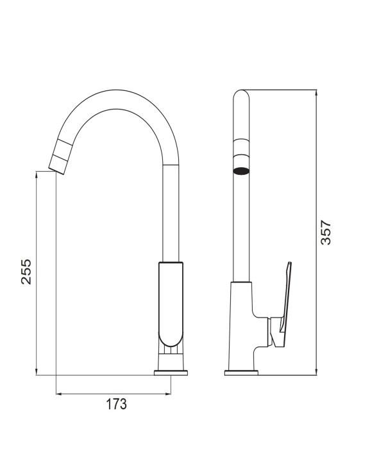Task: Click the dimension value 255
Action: coord(26,272)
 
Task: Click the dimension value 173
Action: coord(117,404)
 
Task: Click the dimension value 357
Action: coord(326,232)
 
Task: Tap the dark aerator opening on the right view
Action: coord(241,171)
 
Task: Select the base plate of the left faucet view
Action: coord(171,373)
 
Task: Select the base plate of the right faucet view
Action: coord(241,373)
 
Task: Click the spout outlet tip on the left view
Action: coord(56,171)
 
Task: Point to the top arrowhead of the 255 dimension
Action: coord(37,174)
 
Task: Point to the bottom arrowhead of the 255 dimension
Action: coord(37,372)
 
